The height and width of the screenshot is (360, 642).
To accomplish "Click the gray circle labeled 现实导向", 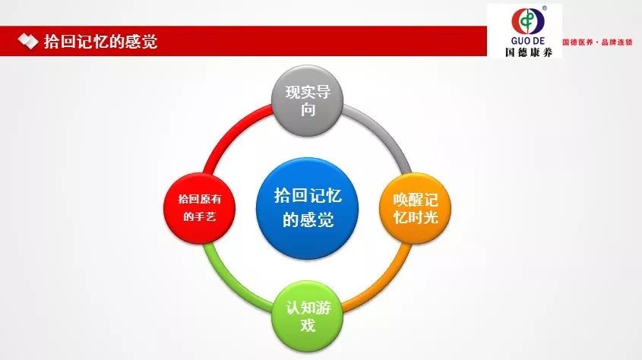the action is [307, 101].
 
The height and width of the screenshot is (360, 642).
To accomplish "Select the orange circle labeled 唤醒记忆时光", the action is [415, 209].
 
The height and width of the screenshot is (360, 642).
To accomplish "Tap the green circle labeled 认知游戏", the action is [307, 316].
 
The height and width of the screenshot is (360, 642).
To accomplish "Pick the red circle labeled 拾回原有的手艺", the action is [199, 209].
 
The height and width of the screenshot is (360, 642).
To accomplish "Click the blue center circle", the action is [307, 209].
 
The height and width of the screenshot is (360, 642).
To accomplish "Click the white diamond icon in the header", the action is [28, 41].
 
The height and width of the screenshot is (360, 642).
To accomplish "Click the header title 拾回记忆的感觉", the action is [101, 42].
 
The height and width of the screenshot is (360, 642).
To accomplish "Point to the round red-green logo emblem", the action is [528, 21].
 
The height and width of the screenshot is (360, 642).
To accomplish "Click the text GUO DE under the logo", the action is [528, 41].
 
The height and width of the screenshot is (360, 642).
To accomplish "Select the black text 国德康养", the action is [529, 52].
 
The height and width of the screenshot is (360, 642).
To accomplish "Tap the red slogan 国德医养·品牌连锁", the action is [597, 42].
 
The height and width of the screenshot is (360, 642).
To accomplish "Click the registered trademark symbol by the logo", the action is [545, 8].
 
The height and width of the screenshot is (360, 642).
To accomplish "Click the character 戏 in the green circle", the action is [308, 325].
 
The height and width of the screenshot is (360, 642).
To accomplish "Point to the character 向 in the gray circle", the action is [308, 109].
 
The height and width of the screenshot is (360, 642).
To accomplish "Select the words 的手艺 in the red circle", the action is [199, 216].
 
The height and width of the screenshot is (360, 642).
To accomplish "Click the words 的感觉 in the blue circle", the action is [308, 220].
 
